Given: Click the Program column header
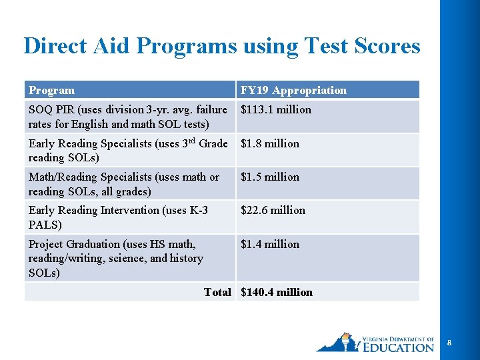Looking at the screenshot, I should click(51, 90).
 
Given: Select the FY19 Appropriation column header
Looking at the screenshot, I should click(293, 90).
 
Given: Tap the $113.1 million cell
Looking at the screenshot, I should click(275, 109).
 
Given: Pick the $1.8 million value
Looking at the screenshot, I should click(270, 143).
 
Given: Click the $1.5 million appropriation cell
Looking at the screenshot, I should click(270, 177).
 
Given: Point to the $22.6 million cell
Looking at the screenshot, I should click(273, 210).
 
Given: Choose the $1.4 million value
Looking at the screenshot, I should click(270, 244).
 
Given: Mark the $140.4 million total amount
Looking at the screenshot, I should click(276, 292).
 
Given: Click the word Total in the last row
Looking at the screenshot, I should click(217, 292).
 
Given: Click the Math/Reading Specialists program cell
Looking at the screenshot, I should click(124, 184).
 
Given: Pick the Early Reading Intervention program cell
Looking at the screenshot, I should click(118, 217).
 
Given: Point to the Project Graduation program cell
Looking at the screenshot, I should click(116, 258).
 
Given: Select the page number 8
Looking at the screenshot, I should click(449, 343).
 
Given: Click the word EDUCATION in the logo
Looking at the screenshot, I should click(399, 347).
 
